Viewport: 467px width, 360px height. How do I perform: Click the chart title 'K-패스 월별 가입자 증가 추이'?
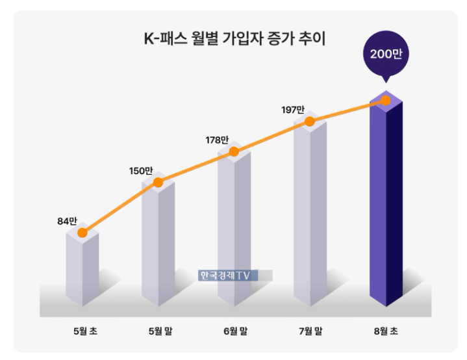click(x=234, y=39)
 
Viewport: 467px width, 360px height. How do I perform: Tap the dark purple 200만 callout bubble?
click(x=386, y=54)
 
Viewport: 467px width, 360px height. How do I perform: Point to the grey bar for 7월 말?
click(x=310, y=208)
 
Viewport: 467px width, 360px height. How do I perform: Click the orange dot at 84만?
click(x=82, y=232)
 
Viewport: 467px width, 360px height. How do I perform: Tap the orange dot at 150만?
click(x=158, y=183)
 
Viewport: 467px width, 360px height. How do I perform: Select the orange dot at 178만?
click(x=234, y=151)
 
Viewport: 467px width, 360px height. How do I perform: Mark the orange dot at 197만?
click(x=310, y=122)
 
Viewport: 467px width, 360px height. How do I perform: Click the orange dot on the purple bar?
click(x=386, y=100)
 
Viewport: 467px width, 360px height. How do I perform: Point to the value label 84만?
click(x=68, y=220)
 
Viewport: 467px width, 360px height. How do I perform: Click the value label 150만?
click(x=141, y=171)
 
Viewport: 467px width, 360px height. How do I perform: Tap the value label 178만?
click(x=217, y=140)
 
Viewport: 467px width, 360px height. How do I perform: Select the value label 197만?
click(x=293, y=110)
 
